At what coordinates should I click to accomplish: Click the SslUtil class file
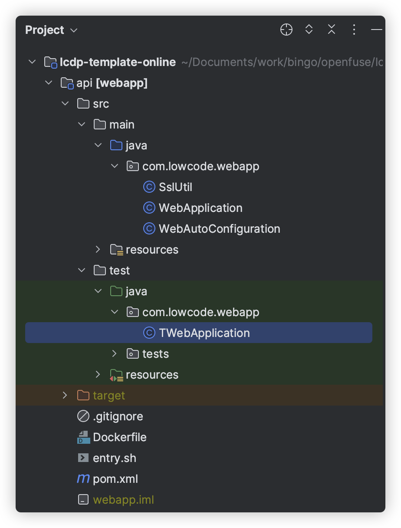pos(175,187)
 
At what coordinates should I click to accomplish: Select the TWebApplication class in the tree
pos(204,333)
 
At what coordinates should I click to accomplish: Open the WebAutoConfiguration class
pos(219,229)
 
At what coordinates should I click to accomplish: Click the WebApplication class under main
pos(200,208)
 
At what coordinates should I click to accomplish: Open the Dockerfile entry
pos(119,437)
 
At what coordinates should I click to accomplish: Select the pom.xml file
pos(115,479)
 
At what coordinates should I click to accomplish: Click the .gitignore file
pos(118,416)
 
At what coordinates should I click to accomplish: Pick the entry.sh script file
pos(114,458)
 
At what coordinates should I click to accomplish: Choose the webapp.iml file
pos(123,500)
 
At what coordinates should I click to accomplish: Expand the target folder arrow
pos(65,395)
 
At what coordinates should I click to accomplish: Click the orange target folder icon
pos(83,396)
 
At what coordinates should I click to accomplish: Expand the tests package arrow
pos(115,353)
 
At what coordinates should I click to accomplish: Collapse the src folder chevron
pos(65,103)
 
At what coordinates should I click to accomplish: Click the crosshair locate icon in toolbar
pos(286,30)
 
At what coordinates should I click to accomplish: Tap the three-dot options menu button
pos(354,30)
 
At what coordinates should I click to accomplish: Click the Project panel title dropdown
pos(51,30)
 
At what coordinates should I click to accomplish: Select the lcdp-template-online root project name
pos(118,62)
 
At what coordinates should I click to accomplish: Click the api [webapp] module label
pos(112,83)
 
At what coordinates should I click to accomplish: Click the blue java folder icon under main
pos(116,145)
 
